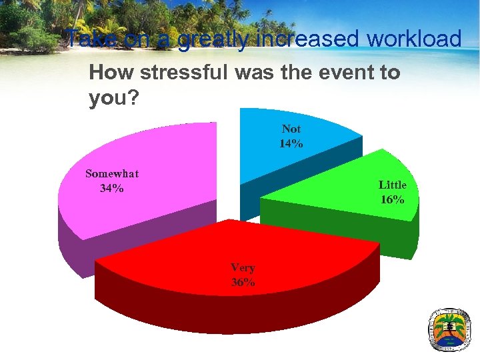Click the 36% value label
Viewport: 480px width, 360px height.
pos(243,282)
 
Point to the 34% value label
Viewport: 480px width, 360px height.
pos(111,188)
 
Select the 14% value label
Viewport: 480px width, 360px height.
pos(291,143)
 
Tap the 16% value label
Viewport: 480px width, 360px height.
pos(393,199)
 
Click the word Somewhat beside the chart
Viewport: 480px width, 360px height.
pos(112,174)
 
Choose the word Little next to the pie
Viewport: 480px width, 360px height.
pos(393,185)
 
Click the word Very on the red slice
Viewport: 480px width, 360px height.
pos(243,268)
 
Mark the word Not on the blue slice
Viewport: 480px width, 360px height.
pos(291,129)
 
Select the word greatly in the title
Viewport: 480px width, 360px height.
pos(212,40)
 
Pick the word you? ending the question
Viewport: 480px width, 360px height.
pos(114,99)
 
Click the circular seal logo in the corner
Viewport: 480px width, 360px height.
pos(450,329)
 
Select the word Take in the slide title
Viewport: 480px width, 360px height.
pos(92,39)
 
